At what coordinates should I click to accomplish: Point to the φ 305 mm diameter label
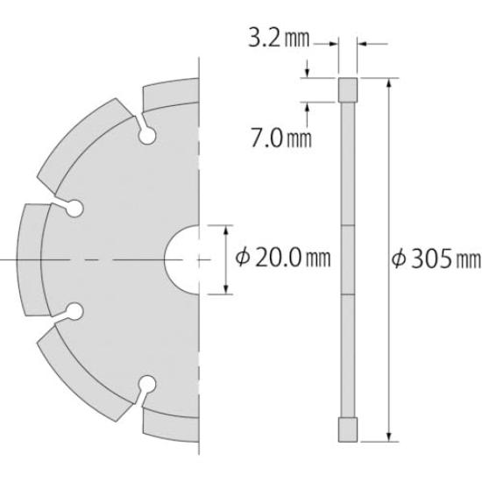[437, 259]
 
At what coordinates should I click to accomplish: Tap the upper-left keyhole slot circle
[74, 208]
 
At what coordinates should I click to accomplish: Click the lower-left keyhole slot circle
[74, 311]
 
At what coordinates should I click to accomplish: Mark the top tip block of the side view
[348, 89]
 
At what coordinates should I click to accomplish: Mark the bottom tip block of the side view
[348, 430]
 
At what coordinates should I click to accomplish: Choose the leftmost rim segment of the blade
[32, 259]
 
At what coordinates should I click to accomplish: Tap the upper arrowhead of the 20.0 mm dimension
[227, 230]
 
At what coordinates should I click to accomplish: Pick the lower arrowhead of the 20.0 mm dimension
[227, 289]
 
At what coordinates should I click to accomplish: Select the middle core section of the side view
[348, 259]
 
